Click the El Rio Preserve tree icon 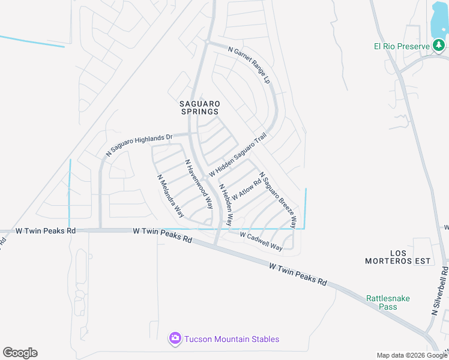[x=439, y=46]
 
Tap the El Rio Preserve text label [x=400, y=46]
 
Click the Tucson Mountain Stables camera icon [x=175, y=339]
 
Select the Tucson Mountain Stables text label [x=231, y=339]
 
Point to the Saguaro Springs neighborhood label [x=199, y=107]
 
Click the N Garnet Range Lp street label [x=250, y=65]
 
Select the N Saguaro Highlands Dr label [x=139, y=145]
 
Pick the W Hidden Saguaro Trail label [x=237, y=155]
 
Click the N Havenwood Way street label [x=199, y=184]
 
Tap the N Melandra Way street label [x=170, y=196]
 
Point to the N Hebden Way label [x=226, y=205]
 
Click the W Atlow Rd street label [x=247, y=187]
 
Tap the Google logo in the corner [x=20, y=353]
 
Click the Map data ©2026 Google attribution [x=412, y=355]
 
